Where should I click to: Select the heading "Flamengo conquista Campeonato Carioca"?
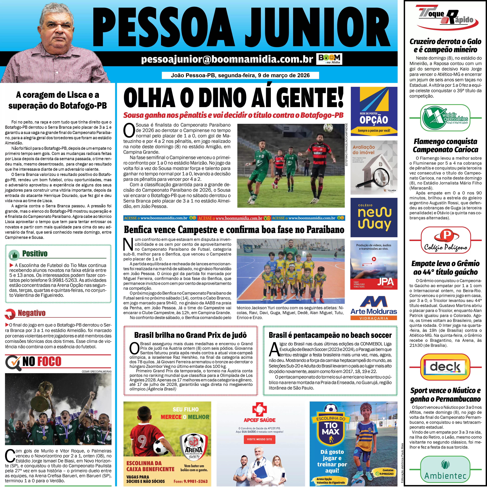445,145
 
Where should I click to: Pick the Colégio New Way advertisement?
374,217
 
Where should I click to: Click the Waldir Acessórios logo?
445,118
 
